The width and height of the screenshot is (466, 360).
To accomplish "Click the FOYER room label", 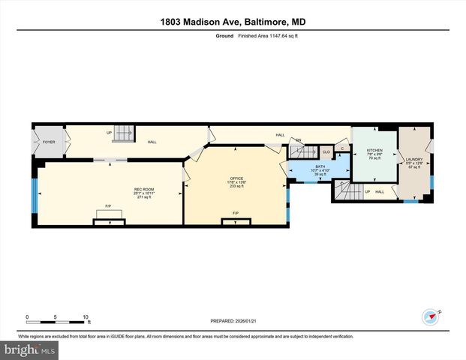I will (49, 141).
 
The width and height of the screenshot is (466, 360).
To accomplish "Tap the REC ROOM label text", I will (144, 188).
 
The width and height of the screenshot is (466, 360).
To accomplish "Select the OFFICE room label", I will (236, 178).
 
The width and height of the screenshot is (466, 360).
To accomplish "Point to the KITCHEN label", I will (374, 151).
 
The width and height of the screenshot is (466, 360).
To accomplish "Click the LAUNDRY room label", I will (414, 159).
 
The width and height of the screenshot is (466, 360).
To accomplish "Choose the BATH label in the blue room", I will (320, 166).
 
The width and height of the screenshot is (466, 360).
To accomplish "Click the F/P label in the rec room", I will (108, 207).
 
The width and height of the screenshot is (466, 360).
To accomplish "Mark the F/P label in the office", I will (236, 213).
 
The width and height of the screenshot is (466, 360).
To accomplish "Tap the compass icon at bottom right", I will (431, 316).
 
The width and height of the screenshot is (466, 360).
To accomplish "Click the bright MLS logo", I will (30, 349).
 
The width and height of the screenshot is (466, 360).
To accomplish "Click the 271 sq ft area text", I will (144, 197).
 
